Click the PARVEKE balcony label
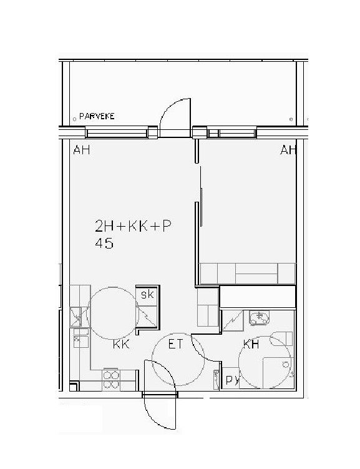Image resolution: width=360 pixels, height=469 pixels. [x=97, y=116]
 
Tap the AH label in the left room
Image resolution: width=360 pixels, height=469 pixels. [x=82, y=149]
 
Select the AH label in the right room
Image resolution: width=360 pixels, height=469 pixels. [x=288, y=149]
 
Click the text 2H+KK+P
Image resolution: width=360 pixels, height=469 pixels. [x=133, y=226]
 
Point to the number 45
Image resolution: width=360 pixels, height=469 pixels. [x=104, y=243]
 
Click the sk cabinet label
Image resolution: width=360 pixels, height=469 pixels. [x=147, y=294]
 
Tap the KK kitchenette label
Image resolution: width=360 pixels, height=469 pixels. [x=121, y=344]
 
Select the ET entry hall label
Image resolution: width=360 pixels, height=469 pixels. [x=175, y=344]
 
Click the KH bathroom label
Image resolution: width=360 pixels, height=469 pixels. [x=251, y=344]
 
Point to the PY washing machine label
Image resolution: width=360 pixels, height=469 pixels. [x=233, y=380]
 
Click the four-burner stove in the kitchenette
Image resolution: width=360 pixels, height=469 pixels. [x=111, y=380]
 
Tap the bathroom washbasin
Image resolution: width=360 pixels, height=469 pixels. [x=260, y=318]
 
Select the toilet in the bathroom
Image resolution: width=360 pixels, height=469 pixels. [x=281, y=338]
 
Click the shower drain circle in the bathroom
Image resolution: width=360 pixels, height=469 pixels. [x=286, y=364]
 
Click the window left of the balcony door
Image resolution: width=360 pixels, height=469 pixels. [x=117, y=132]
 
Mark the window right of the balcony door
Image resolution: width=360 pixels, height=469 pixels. [x=232, y=132]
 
